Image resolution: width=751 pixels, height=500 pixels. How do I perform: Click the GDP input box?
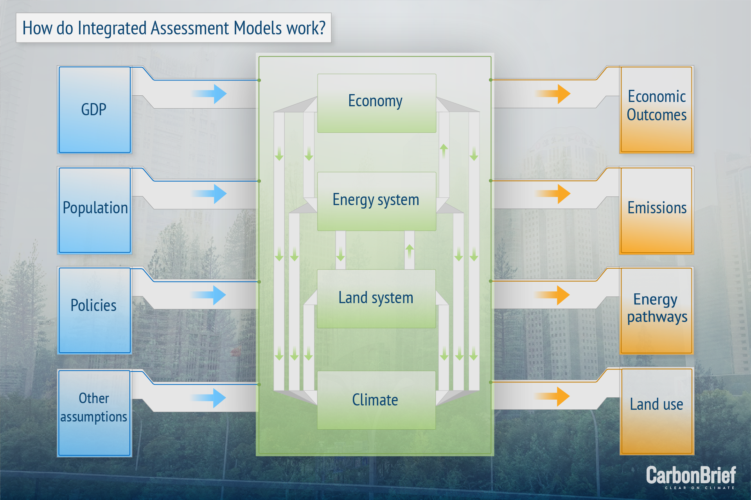coord(94,109)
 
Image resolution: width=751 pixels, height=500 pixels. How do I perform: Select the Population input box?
coord(94,210)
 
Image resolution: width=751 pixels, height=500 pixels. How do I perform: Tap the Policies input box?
coord(94,310)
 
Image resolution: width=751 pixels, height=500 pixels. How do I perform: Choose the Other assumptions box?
coord(94,413)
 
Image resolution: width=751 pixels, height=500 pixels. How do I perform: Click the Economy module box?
coord(377,103)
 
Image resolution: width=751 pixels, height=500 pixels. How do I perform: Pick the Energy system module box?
coord(377,201)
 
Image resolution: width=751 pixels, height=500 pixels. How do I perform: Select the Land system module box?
coord(376,299)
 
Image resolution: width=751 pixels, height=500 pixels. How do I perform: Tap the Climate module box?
coord(376,400)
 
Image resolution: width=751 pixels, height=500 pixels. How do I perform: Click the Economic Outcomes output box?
coord(657,109)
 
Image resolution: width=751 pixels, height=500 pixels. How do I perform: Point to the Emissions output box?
coord(657,210)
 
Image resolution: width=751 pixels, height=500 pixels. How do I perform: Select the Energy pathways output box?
coord(657,311)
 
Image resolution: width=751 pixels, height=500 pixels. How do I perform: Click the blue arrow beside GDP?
coord(209,94)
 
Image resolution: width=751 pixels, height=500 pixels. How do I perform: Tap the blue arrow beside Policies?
coord(208,295)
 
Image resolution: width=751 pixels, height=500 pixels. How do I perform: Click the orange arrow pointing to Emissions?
coord(553,194)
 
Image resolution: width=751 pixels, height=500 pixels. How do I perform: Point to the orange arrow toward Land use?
coord(552,396)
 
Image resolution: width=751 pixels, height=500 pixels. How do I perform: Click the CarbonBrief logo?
coord(691,477)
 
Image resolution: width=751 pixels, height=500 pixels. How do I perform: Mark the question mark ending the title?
coord(322,28)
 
